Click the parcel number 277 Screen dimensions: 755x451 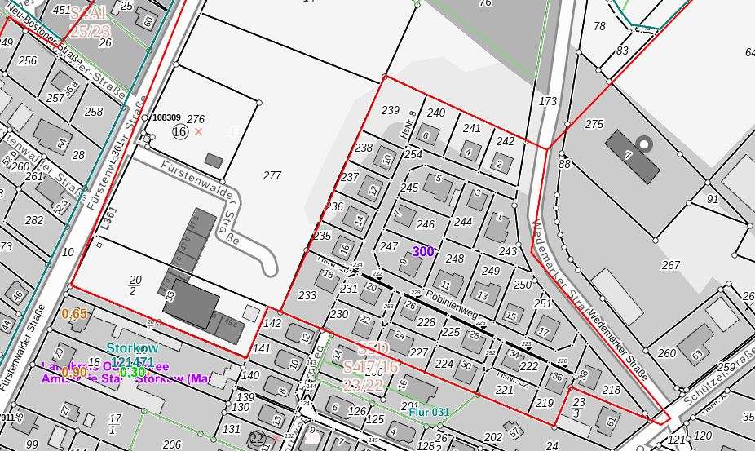[x=272, y=175]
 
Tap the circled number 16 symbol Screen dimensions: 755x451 [x=180, y=131]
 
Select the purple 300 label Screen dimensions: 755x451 [x=423, y=252]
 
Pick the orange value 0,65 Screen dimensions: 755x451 [x=74, y=314]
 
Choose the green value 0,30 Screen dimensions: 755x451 [x=132, y=373]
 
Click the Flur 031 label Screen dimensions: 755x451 [x=429, y=413]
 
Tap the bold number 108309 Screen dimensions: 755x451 [x=166, y=117]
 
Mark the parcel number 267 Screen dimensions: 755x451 [x=670, y=265]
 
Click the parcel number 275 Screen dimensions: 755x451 [x=594, y=124]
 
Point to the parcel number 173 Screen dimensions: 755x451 [x=548, y=101]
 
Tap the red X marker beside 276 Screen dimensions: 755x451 [x=199, y=131]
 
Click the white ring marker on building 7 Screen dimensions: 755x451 [x=645, y=145]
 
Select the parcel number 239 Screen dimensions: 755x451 [x=391, y=110]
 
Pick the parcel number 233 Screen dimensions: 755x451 [x=307, y=295]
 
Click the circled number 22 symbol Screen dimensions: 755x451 [x=258, y=439]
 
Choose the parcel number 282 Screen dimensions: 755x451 [x=33, y=220]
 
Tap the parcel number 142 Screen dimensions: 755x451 [x=272, y=323]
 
